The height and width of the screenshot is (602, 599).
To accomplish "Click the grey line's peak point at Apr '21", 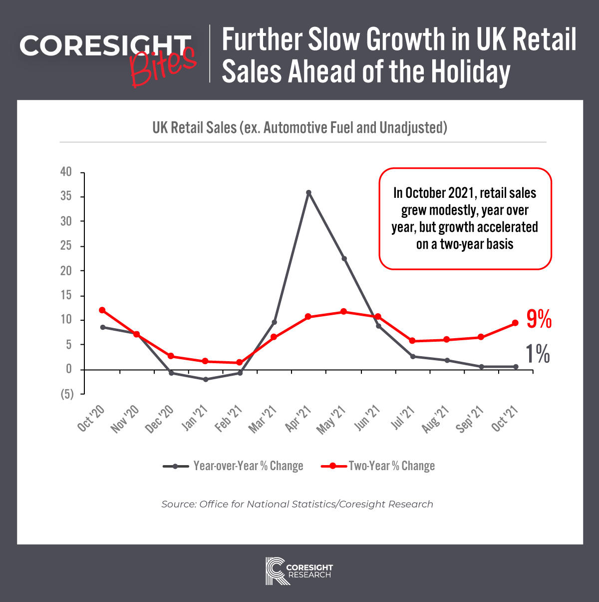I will [308, 192].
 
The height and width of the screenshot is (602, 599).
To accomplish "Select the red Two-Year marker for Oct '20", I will [102, 310].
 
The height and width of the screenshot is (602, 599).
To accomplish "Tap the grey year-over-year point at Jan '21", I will [206, 379].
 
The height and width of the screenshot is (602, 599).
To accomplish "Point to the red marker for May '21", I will [343, 312].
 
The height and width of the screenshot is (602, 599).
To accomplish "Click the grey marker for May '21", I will [344, 259].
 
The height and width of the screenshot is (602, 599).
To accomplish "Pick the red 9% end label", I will [539, 319].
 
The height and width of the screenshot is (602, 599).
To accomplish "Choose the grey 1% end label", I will [538, 354].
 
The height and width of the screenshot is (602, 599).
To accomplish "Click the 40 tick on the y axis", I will [66, 172].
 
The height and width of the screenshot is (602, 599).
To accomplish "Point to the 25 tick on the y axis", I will [66, 246].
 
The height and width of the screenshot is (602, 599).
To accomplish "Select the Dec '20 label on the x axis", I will [160, 419].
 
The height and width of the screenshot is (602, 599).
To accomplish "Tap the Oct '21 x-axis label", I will [505, 418].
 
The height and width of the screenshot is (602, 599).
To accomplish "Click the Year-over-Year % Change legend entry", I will [234, 466].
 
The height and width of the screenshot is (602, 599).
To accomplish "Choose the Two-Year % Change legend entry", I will [378, 466].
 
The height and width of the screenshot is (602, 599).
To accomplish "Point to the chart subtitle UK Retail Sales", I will [299, 128].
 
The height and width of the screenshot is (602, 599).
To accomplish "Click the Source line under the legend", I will [298, 504].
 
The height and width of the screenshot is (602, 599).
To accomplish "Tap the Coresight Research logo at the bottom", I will [299, 571].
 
